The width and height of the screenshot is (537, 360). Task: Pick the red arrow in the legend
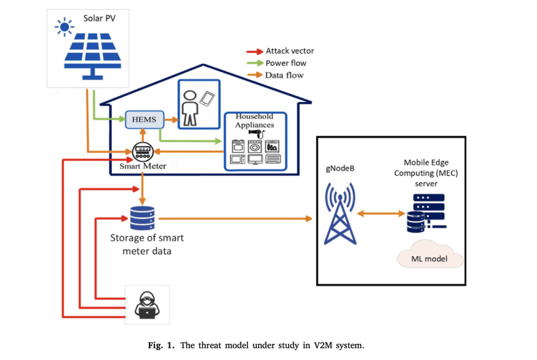tap(255, 51)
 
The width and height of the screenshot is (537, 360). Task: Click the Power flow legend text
tap(286, 63)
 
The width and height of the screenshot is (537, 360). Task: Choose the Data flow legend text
tap(284, 75)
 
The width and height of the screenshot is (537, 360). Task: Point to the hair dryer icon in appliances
tap(255, 135)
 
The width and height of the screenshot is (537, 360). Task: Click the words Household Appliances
tap(254, 121)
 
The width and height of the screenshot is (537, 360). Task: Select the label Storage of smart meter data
tap(147, 244)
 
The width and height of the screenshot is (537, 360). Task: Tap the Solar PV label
tap(98, 18)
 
